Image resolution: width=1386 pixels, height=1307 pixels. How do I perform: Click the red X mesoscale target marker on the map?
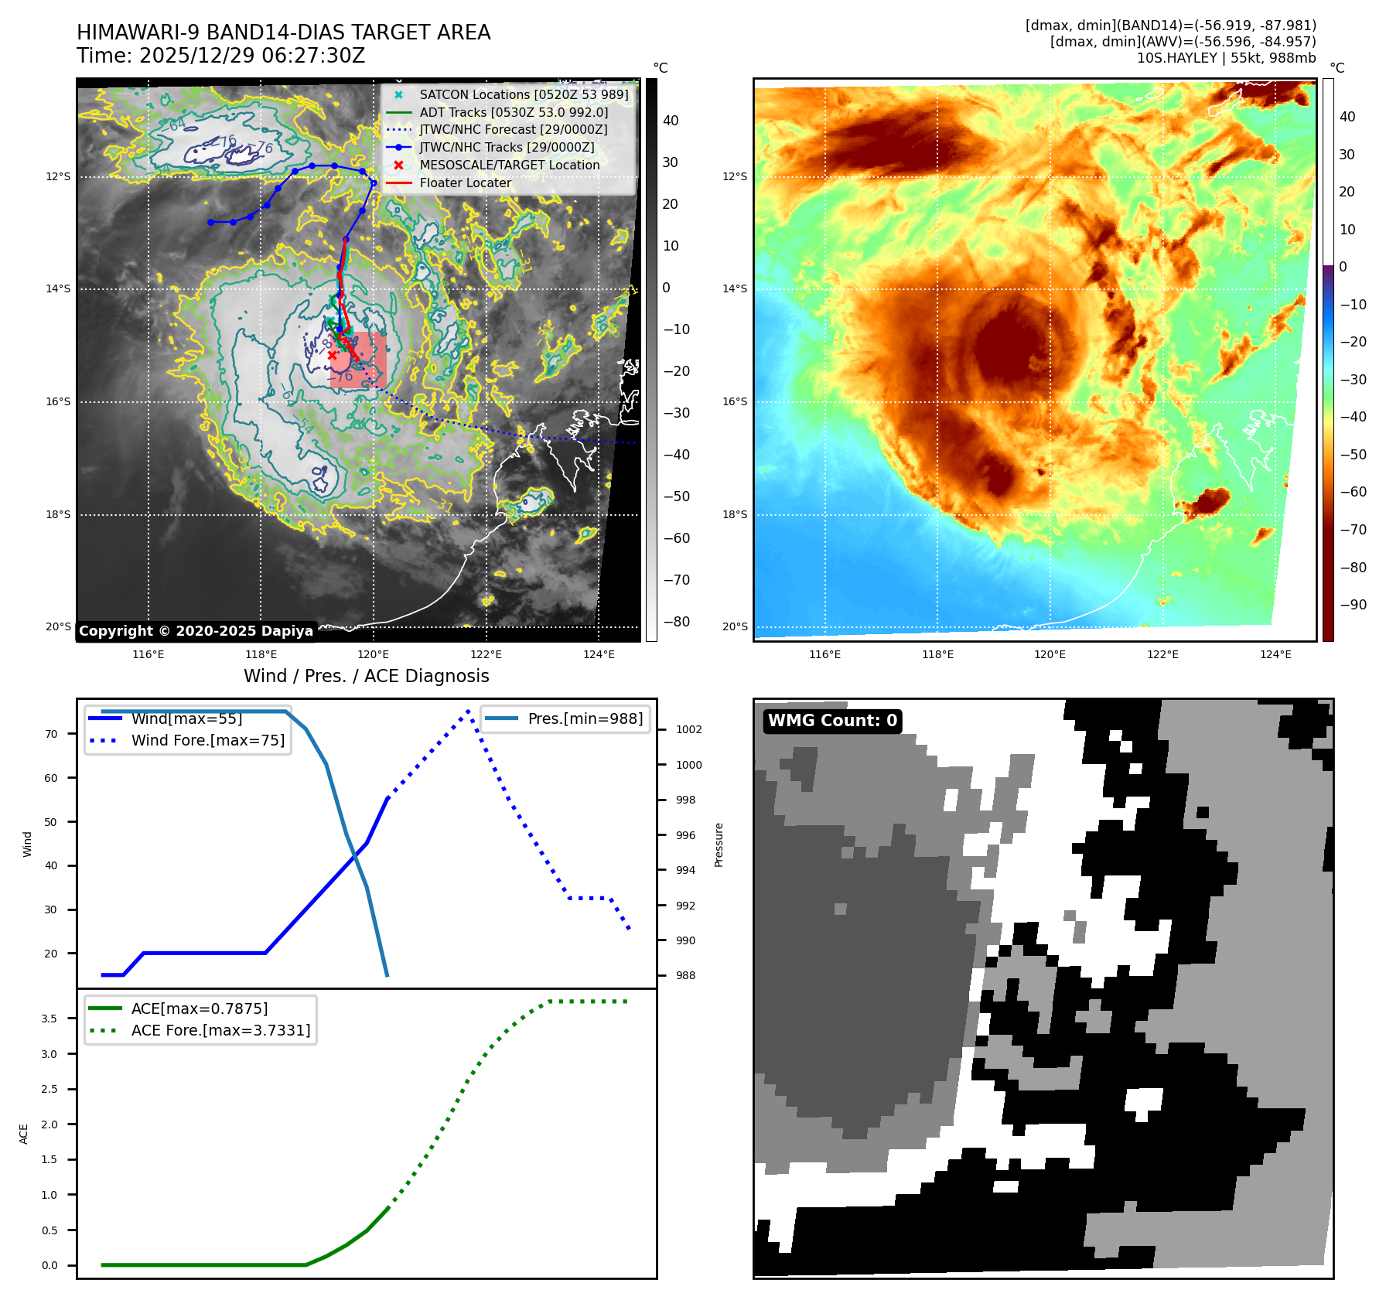pos(333,356)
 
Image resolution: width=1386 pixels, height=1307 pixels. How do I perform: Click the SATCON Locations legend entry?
pos(524,95)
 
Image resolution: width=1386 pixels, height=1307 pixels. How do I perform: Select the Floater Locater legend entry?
pos(465,183)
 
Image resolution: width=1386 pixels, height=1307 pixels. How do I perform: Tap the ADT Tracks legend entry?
pos(514,113)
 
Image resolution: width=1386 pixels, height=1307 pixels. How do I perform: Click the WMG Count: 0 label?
pos(832,721)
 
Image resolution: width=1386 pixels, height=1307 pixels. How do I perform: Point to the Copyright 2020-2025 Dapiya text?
pos(196,631)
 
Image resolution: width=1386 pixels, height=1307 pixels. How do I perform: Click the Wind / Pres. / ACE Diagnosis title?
pos(367,677)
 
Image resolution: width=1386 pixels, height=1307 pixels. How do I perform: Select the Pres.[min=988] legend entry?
pos(585,718)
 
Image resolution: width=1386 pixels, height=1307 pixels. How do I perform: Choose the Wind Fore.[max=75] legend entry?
pos(207,740)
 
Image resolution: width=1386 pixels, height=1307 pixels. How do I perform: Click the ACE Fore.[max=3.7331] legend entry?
pos(220,1030)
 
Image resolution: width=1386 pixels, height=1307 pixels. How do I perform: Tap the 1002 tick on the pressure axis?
pos(688,729)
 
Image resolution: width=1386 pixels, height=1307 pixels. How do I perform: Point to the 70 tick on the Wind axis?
pos(51,734)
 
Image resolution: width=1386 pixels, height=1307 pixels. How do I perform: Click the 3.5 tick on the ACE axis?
pos(49,1019)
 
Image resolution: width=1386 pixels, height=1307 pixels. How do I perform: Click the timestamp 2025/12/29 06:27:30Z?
pos(251,56)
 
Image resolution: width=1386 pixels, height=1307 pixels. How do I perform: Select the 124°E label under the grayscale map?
pos(599,655)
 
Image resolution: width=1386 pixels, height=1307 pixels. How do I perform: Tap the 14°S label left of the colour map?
pos(735,289)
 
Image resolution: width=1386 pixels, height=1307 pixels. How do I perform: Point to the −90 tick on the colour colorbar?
pos(1353,605)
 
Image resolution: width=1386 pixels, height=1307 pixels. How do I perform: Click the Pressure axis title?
pos(719,845)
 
